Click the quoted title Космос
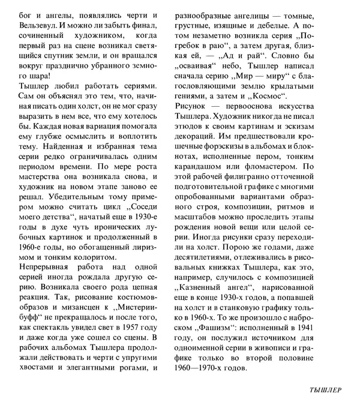[x=266, y=95]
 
